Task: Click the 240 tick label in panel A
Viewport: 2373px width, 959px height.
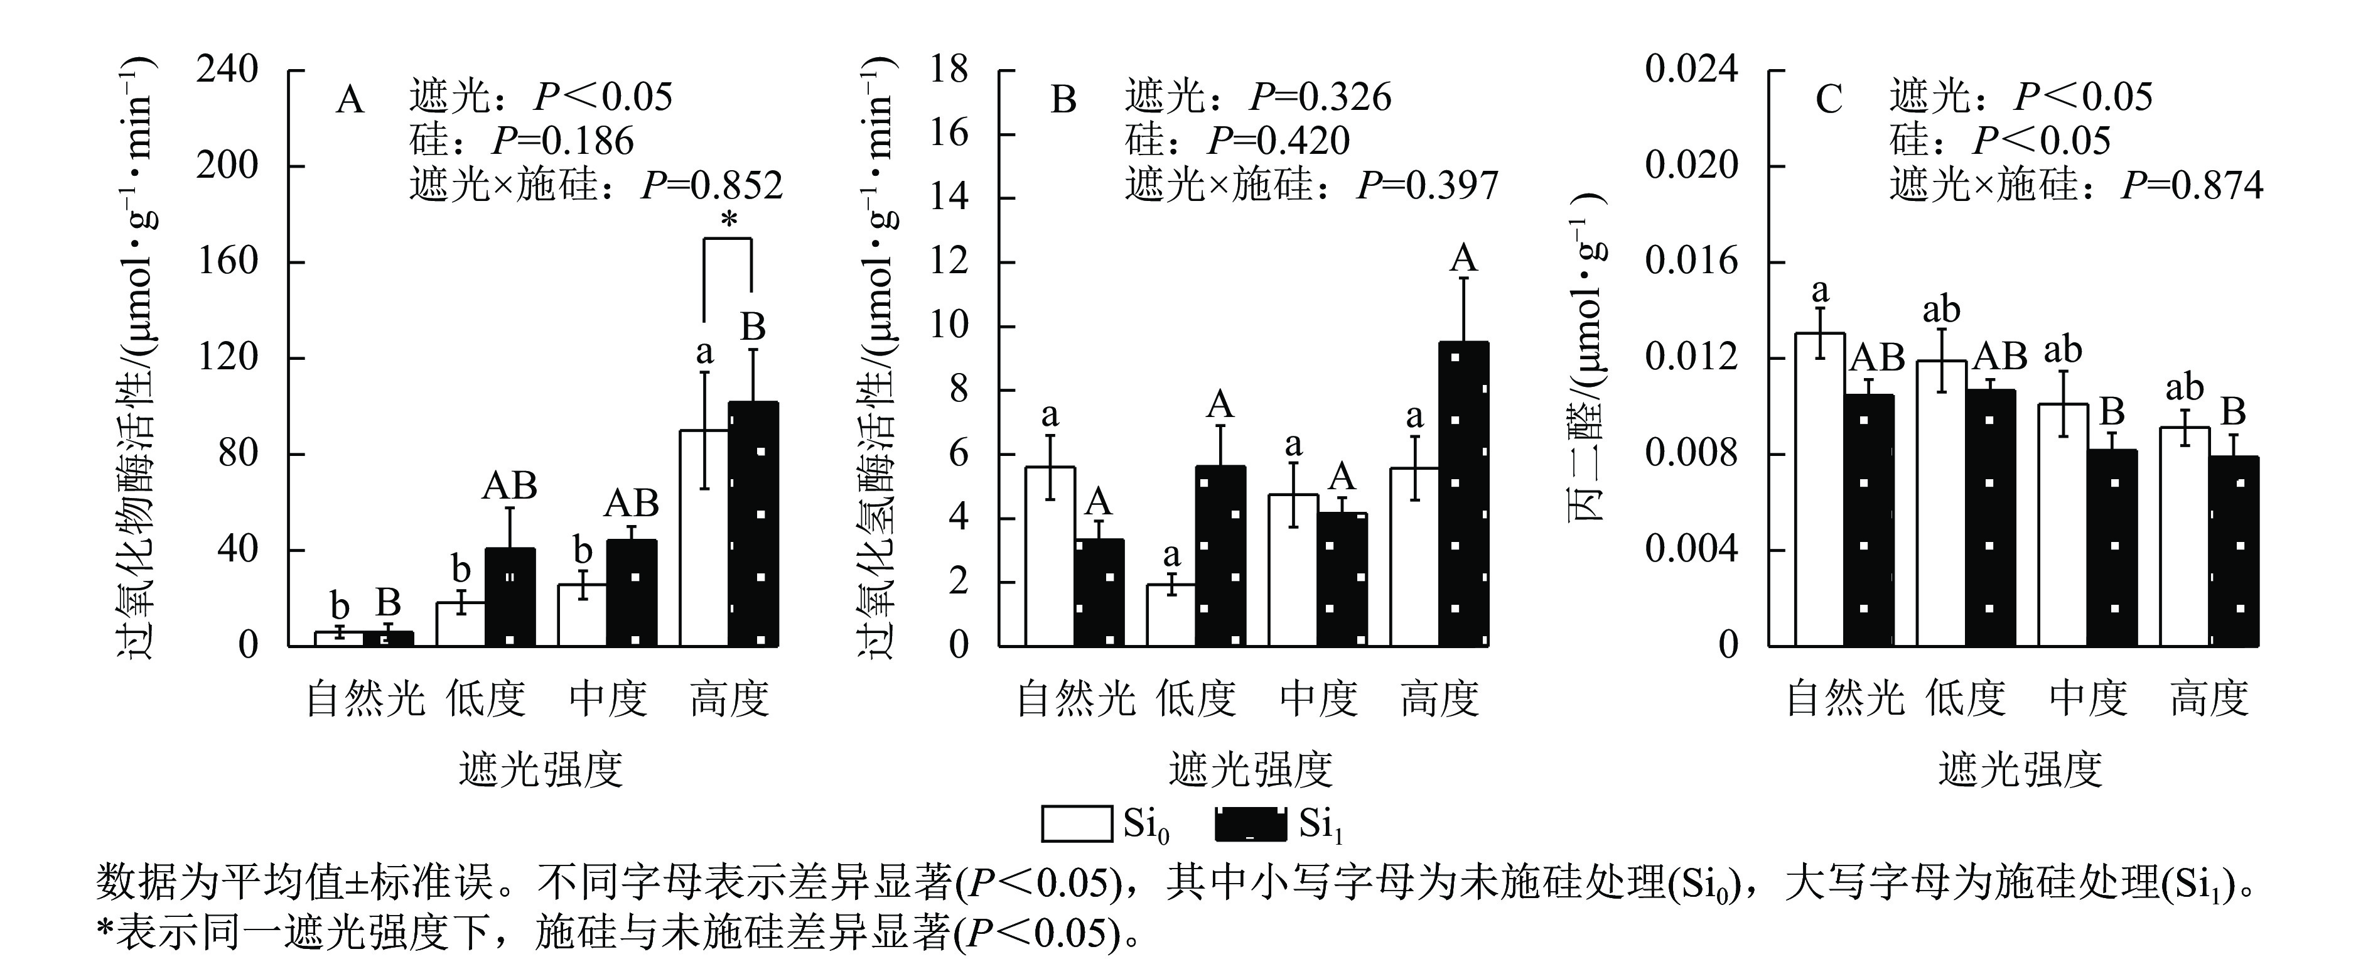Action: (x=227, y=69)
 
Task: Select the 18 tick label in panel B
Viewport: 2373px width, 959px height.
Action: (x=949, y=69)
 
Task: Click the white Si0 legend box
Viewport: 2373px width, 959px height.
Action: (x=1076, y=825)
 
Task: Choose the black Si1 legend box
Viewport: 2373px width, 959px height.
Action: (x=1250, y=825)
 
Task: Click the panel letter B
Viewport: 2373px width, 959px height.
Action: (x=1064, y=99)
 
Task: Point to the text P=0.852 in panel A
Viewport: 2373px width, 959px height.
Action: (x=712, y=185)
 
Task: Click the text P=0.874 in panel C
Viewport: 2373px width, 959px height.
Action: (x=2192, y=185)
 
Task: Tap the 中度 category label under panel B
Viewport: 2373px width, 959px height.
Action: (x=1318, y=699)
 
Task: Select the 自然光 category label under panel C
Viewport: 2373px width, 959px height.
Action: (x=1845, y=699)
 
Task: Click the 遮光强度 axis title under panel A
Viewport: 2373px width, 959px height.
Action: (x=542, y=769)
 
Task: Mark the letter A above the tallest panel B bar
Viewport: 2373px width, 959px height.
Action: (x=1464, y=259)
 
